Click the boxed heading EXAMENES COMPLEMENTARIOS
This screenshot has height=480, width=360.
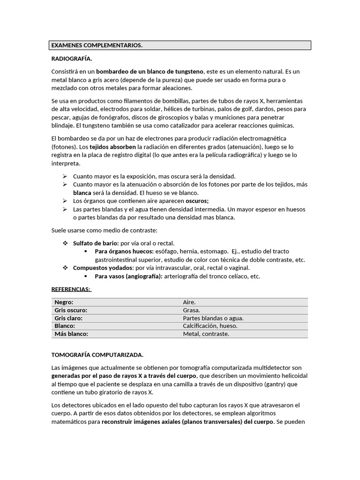pyautogui.click(x=97, y=45)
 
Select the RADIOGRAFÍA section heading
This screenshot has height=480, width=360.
pyautogui.click(x=71, y=59)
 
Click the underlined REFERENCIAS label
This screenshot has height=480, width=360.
pyautogui.click(x=71, y=289)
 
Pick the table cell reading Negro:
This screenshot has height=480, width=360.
pyautogui.click(x=64, y=302)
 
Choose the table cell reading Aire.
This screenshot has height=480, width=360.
pyautogui.click(x=189, y=302)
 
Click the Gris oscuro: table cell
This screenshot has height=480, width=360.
pyautogui.click(x=71, y=310)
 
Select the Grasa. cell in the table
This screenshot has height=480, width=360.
pyautogui.click(x=191, y=310)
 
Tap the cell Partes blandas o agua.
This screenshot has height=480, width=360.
pyautogui.click(x=213, y=318)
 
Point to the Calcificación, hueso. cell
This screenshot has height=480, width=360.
pyautogui.click(x=210, y=326)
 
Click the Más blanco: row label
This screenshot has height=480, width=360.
pyautogui.click(x=71, y=334)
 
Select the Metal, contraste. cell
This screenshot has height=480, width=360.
pyautogui.click(x=206, y=334)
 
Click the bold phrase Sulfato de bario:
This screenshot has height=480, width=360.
pyautogui.click(x=96, y=243)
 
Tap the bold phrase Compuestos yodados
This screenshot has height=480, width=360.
pyautogui.click(x=103, y=268)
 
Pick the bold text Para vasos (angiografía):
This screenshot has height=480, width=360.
pyautogui.click(x=128, y=276)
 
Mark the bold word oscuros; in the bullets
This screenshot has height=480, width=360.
pyautogui.click(x=194, y=201)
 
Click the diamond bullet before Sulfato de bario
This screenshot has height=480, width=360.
pyautogui.click(x=65, y=243)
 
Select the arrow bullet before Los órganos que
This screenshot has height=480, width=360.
pyautogui.click(x=65, y=201)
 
